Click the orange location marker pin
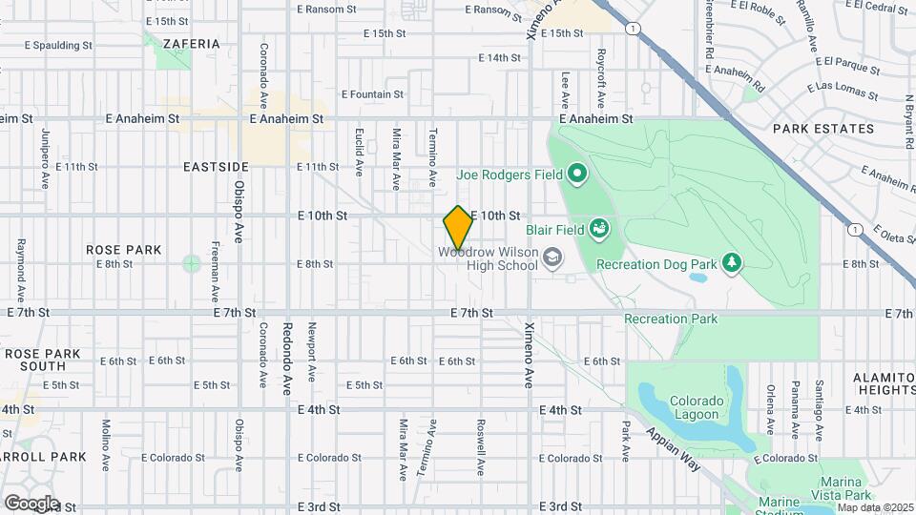click(x=458, y=228)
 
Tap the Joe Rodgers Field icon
click(x=576, y=175)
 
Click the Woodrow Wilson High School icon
click(x=552, y=257)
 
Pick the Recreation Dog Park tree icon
click(x=732, y=262)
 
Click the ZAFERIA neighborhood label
click(x=191, y=44)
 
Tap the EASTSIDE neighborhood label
click(x=216, y=166)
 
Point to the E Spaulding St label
click(x=58, y=45)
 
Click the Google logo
click(x=31, y=503)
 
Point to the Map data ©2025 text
click(x=875, y=507)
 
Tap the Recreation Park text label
click(x=671, y=319)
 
